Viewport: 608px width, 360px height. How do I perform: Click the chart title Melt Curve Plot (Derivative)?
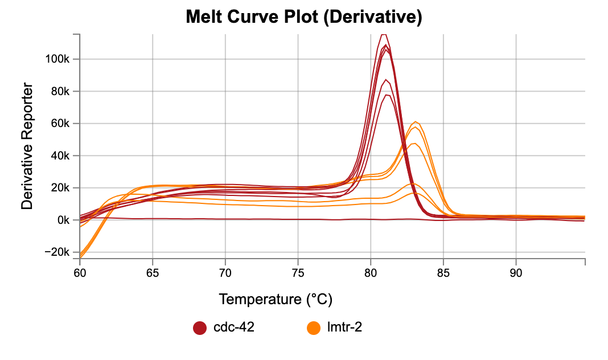[303, 18]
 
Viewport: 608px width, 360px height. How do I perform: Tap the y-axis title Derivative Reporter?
[27, 146]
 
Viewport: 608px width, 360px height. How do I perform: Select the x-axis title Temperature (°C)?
[276, 298]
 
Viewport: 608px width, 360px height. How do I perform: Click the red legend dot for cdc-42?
[200, 328]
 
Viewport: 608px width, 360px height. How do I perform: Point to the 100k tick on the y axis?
[59, 59]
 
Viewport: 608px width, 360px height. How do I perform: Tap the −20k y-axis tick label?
[59, 252]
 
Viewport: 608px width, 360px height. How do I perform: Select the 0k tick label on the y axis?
[64, 220]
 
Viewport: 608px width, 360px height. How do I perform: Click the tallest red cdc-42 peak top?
[384, 34]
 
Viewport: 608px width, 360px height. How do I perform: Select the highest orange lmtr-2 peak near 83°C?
[416, 121]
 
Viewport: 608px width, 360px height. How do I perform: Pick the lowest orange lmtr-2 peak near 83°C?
[415, 193]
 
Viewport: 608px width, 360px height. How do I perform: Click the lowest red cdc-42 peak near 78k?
[387, 95]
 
